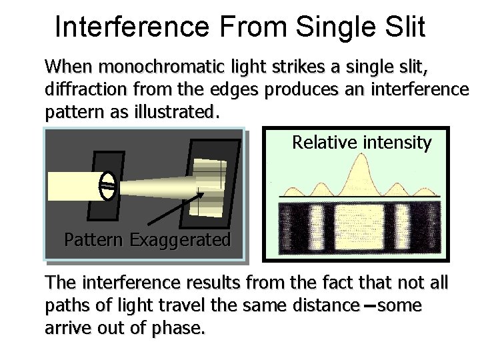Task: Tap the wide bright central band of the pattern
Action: point(361,227)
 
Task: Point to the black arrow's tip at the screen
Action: point(203,193)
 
